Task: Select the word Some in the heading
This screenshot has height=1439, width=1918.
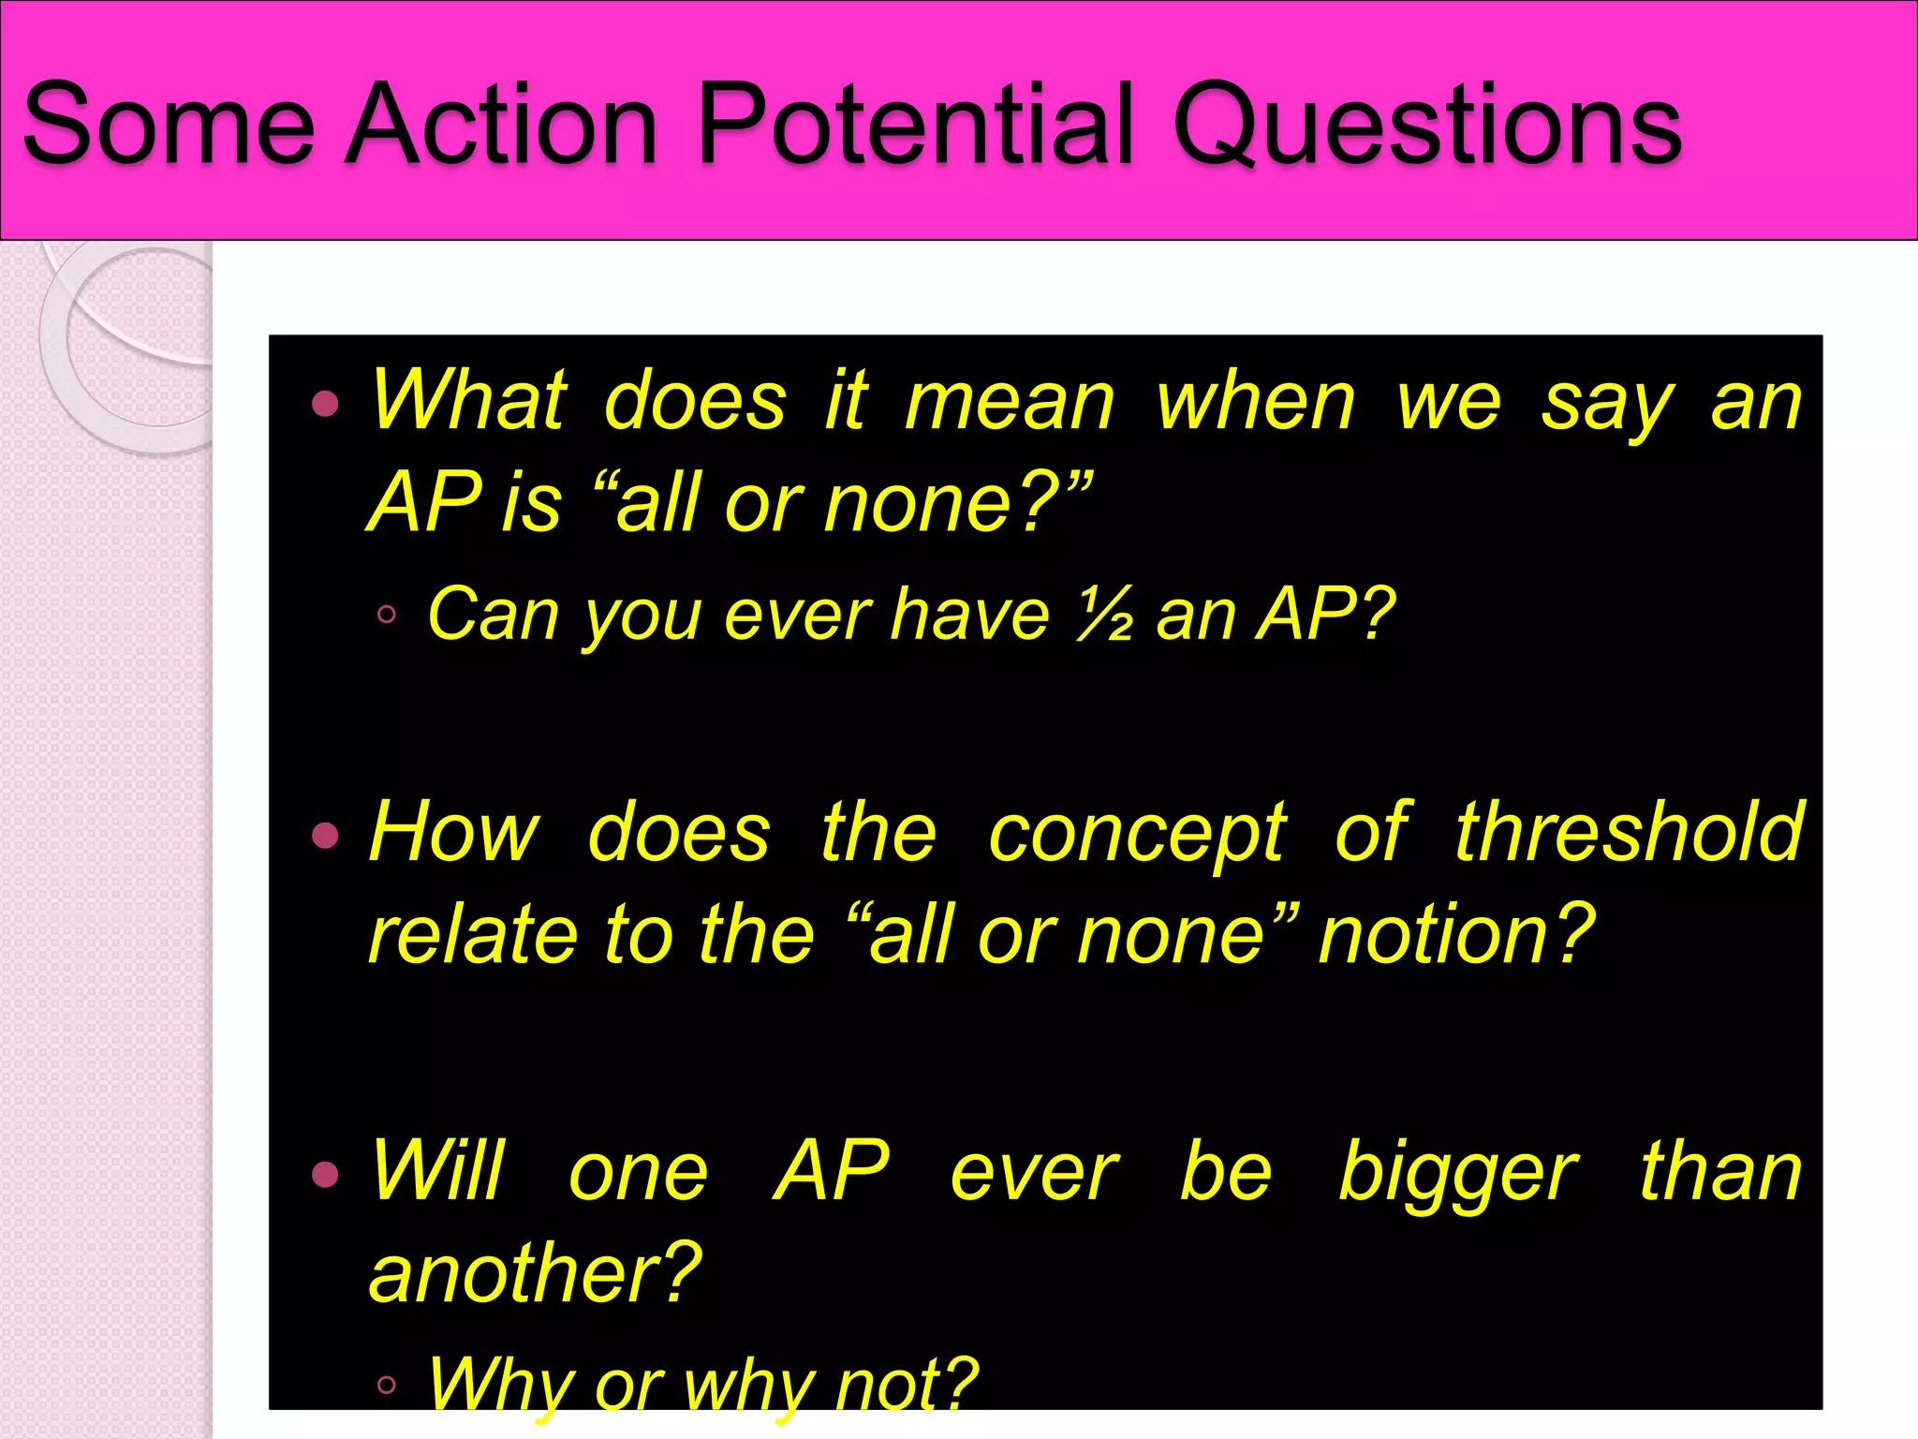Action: tap(169, 124)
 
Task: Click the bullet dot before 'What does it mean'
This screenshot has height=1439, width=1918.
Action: tap(325, 404)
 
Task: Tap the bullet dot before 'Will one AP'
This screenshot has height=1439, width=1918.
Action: tap(325, 1174)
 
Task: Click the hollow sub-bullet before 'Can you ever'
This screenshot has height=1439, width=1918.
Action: tap(387, 616)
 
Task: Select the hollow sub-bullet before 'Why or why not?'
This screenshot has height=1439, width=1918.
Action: tap(387, 1385)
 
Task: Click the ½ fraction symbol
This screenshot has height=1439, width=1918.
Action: tap(1105, 616)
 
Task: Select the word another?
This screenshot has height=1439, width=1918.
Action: tap(535, 1274)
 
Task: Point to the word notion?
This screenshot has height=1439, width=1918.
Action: tap(1456, 935)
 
